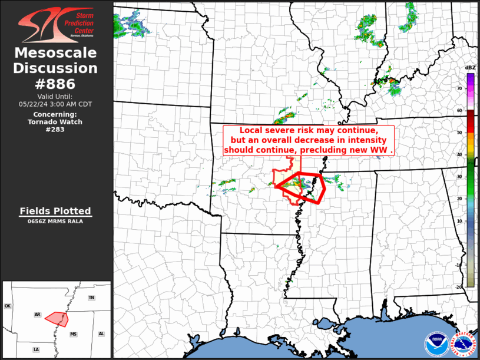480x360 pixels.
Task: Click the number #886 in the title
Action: (x=55, y=84)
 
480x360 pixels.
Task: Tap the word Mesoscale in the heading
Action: (x=55, y=54)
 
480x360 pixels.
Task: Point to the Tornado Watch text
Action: (x=55, y=122)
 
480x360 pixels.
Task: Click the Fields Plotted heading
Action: (x=55, y=211)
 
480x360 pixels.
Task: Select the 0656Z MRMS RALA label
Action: (x=55, y=222)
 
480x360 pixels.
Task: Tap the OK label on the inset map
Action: (x=8, y=306)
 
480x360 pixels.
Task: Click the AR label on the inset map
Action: (x=38, y=315)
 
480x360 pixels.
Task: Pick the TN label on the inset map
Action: (x=91, y=298)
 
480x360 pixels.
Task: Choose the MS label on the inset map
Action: (x=74, y=334)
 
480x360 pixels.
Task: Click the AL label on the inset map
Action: (x=101, y=333)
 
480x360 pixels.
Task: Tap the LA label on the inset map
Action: (x=37, y=349)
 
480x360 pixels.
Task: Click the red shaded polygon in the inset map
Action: (x=58, y=318)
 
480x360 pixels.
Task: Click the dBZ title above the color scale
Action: (x=470, y=68)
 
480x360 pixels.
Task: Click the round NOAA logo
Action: (x=436, y=344)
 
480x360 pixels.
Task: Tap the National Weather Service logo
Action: (x=463, y=344)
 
